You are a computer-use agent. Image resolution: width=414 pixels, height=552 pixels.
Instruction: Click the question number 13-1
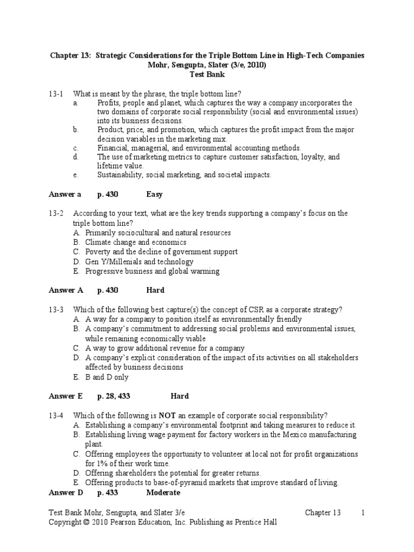pyautogui.click(x=57, y=93)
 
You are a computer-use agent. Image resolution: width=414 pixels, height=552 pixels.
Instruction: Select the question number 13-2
pyautogui.click(x=57, y=213)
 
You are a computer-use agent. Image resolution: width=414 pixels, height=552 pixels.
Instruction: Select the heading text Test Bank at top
pyautogui.click(x=206, y=74)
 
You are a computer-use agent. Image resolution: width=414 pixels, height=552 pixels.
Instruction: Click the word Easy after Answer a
pyautogui.click(x=154, y=194)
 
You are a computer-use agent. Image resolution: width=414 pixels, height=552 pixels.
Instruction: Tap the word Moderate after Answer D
pyautogui.click(x=163, y=493)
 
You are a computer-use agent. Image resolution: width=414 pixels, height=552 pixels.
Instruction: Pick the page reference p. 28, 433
pyautogui.click(x=114, y=396)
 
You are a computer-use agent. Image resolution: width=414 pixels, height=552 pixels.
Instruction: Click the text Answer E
pyautogui.click(x=66, y=396)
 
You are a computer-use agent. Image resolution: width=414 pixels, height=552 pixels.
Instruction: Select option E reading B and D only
pyautogui.click(x=107, y=377)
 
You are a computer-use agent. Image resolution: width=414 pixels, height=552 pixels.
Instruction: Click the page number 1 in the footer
pyautogui.click(x=364, y=513)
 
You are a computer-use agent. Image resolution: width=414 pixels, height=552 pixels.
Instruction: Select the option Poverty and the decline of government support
pyautogui.click(x=161, y=252)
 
